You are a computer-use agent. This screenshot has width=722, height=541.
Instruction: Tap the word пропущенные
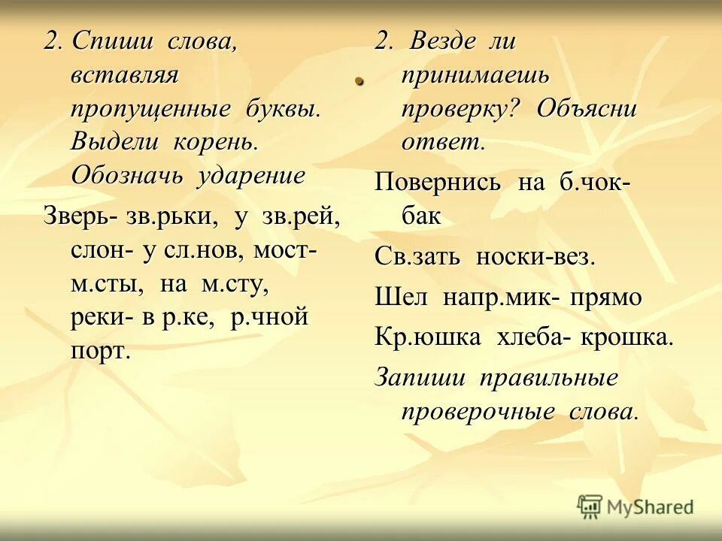[150, 109]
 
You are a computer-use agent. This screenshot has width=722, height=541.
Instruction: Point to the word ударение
[252, 176]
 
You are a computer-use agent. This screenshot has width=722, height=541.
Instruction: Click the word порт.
[100, 350]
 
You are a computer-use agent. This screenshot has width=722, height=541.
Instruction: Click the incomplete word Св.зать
[418, 257]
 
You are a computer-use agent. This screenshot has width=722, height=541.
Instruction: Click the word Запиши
[420, 377]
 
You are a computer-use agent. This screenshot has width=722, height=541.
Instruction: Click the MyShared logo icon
[590, 506]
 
